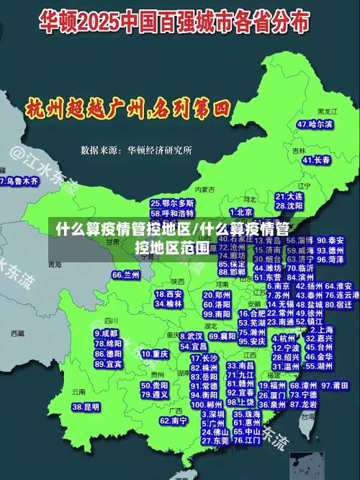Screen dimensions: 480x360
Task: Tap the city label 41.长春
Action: click(317, 159)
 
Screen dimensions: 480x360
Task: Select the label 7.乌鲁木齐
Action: click(20, 181)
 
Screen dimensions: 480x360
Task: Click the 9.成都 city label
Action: click(107, 333)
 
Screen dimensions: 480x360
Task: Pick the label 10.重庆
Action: click(155, 355)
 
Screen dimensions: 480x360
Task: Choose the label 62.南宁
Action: click(174, 420)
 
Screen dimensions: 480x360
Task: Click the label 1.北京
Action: click(241, 212)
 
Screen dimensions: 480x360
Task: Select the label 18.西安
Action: click(169, 294)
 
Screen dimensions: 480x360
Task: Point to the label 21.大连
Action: click(289, 196)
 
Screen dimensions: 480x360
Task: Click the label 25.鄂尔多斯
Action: click(172, 204)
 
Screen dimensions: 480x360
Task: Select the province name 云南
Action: click(78, 391)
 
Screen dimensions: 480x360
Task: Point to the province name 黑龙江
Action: click(327, 112)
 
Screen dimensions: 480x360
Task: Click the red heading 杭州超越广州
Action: click(127, 110)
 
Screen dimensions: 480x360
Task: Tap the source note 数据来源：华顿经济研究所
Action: click(136, 151)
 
